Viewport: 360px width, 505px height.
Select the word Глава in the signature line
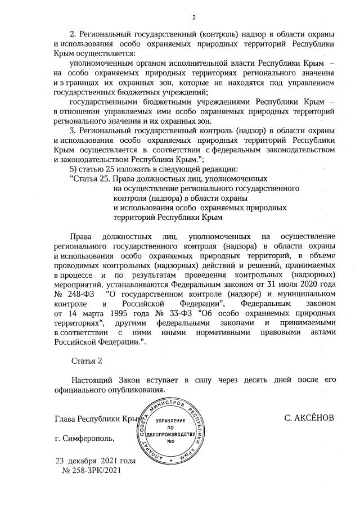64,418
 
